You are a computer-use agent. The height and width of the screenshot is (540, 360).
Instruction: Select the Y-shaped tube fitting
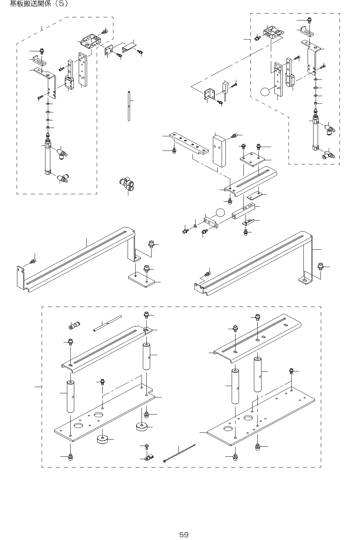[x=127, y=183]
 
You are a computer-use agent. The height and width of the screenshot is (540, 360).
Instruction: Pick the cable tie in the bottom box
[x=179, y=453]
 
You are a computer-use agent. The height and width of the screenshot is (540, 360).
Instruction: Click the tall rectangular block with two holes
[x=220, y=151]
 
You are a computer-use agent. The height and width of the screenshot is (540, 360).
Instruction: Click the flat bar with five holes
[x=189, y=143]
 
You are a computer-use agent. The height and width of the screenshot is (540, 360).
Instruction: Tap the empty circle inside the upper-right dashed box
[x=265, y=92]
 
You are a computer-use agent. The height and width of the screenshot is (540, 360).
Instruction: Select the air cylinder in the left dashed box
[x=48, y=158]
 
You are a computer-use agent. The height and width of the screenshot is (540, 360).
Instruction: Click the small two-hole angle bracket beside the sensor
[x=210, y=94]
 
